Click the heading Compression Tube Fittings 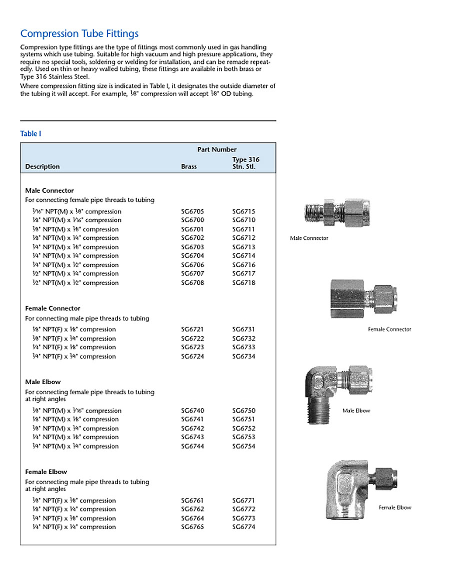click(x=79, y=34)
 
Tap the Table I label click(x=30, y=133)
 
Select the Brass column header click(x=188, y=167)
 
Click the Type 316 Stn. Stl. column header click(x=245, y=163)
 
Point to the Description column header click(x=42, y=167)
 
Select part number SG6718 click(x=243, y=283)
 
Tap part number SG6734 click(x=243, y=357)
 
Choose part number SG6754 click(x=243, y=447)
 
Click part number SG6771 click(x=243, y=501)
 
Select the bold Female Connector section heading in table click(x=52, y=308)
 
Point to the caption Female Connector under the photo click(x=389, y=329)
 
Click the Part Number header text click(x=217, y=149)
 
